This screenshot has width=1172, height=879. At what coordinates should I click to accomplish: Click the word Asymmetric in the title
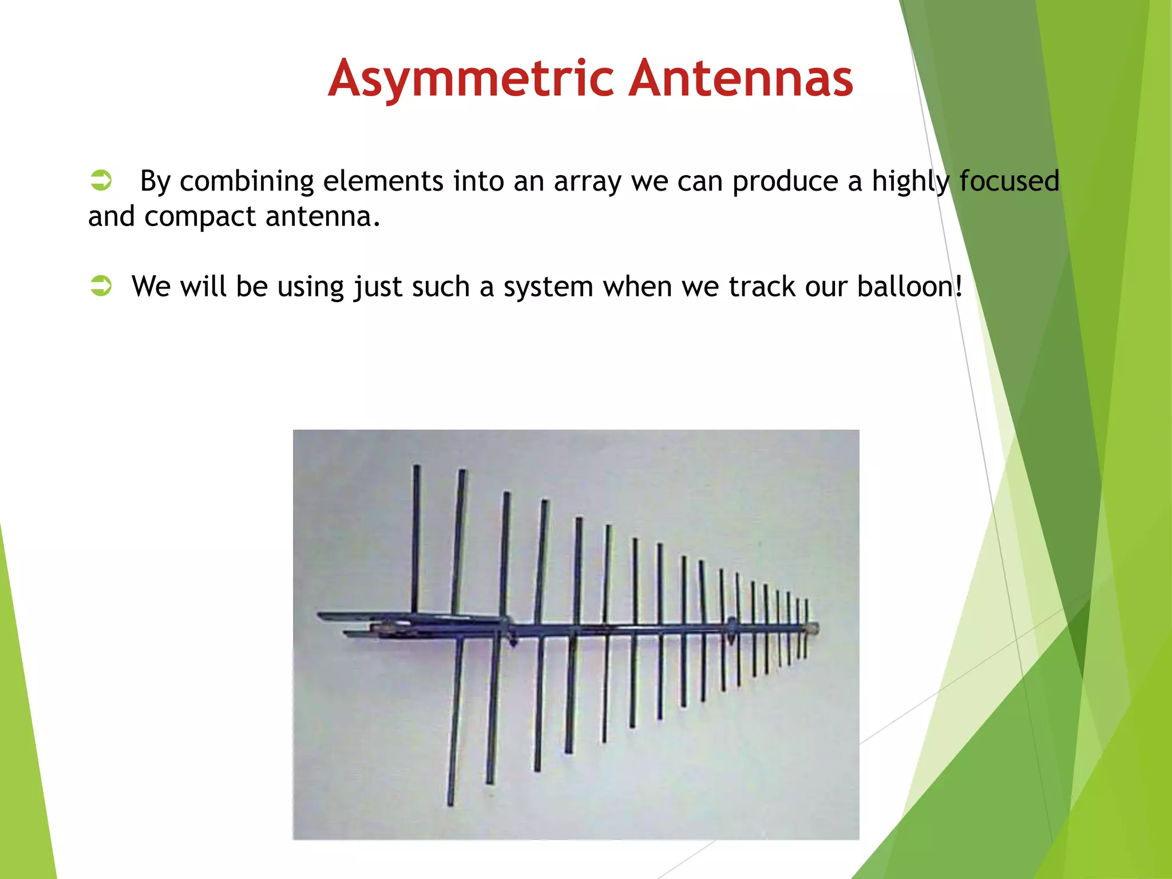[472, 78]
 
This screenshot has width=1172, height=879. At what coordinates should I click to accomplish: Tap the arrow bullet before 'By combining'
[101, 180]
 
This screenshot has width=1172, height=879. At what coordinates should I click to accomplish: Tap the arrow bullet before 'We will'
[101, 285]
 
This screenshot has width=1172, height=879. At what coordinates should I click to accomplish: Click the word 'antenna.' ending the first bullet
[323, 216]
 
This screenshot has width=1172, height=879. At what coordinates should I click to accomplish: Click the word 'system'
[548, 287]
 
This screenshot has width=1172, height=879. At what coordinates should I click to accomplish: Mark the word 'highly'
[910, 182]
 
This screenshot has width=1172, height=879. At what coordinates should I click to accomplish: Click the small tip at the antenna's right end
[815, 628]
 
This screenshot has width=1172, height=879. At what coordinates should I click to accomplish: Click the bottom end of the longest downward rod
[450, 803]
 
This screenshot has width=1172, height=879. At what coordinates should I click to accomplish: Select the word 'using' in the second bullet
[311, 287]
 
